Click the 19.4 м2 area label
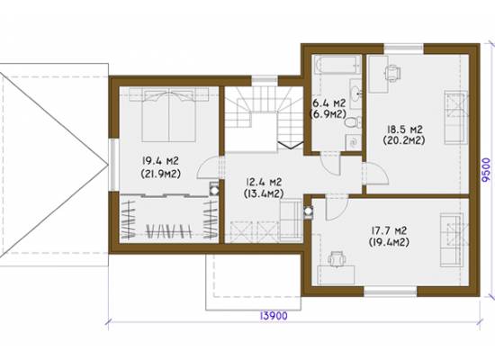(x=160, y=161)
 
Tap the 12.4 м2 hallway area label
(x=264, y=182)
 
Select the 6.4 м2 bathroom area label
(x=328, y=103)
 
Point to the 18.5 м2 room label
(x=404, y=130)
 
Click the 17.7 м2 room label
(x=389, y=230)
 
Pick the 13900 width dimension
(x=274, y=316)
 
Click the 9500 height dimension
(x=487, y=170)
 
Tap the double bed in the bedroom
(x=169, y=115)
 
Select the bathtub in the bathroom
(x=337, y=65)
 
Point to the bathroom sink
(x=356, y=94)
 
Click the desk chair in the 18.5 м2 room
(x=393, y=73)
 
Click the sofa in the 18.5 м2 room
(x=455, y=117)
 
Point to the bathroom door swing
(x=330, y=164)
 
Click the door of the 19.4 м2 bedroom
(x=209, y=168)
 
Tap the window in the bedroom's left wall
(x=114, y=165)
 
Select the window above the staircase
(x=265, y=80)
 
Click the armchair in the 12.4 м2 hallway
(x=291, y=221)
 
